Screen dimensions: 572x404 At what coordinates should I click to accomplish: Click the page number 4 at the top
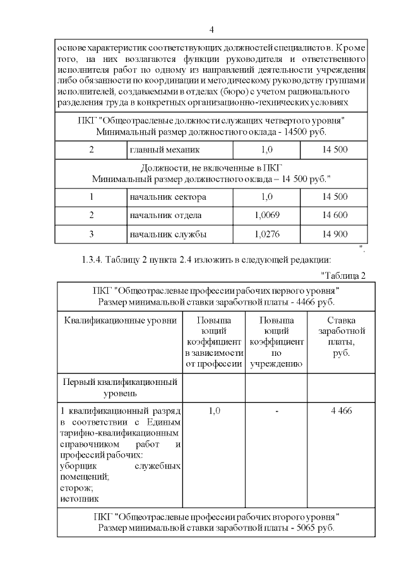(211, 30)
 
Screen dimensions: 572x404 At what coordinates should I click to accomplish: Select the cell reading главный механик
(164, 150)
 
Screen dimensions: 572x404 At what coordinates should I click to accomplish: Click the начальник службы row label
(167, 234)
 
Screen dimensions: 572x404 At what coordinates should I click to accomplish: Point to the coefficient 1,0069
(266, 216)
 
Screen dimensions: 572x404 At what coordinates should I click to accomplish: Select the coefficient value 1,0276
(266, 234)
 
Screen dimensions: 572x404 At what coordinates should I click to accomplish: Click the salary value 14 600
(335, 216)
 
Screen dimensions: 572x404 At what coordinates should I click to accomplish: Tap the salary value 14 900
(335, 234)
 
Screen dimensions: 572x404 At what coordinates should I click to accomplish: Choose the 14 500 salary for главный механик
(335, 150)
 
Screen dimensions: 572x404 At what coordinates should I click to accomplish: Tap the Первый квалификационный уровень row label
(121, 387)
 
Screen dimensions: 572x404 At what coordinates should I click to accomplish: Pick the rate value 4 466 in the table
(342, 410)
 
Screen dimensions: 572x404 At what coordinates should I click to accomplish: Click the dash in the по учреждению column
(276, 410)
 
